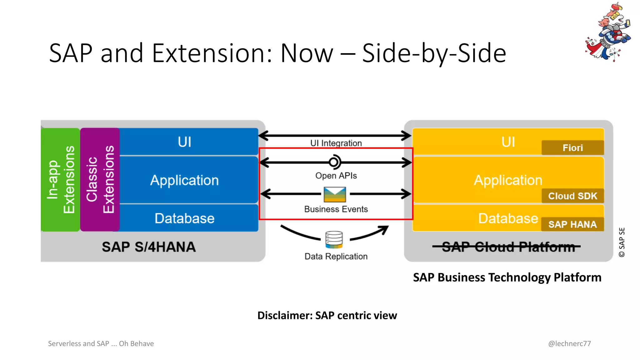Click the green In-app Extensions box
(60, 180)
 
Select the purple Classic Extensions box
(100, 180)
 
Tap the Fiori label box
(572, 148)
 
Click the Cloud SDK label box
(572, 196)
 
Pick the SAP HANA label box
(572, 224)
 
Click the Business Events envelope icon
(335, 194)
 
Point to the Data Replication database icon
(334, 240)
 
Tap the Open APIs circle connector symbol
(334, 162)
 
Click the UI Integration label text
(336, 143)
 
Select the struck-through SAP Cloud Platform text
(508, 247)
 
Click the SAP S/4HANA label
(149, 247)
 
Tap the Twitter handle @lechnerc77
(569, 343)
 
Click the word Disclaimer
(284, 316)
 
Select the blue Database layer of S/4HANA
(184, 218)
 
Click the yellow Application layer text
(508, 180)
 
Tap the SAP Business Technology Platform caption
(507, 277)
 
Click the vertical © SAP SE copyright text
(622, 242)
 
